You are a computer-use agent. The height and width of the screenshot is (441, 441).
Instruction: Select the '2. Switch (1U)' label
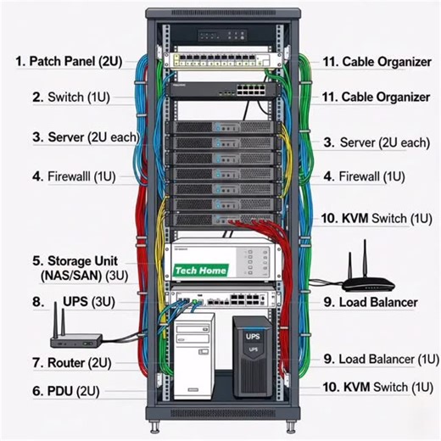tap(70, 97)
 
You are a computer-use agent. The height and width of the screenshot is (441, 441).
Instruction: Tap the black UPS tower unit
tap(253, 356)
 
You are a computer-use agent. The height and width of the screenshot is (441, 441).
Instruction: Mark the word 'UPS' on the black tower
tap(253, 336)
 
